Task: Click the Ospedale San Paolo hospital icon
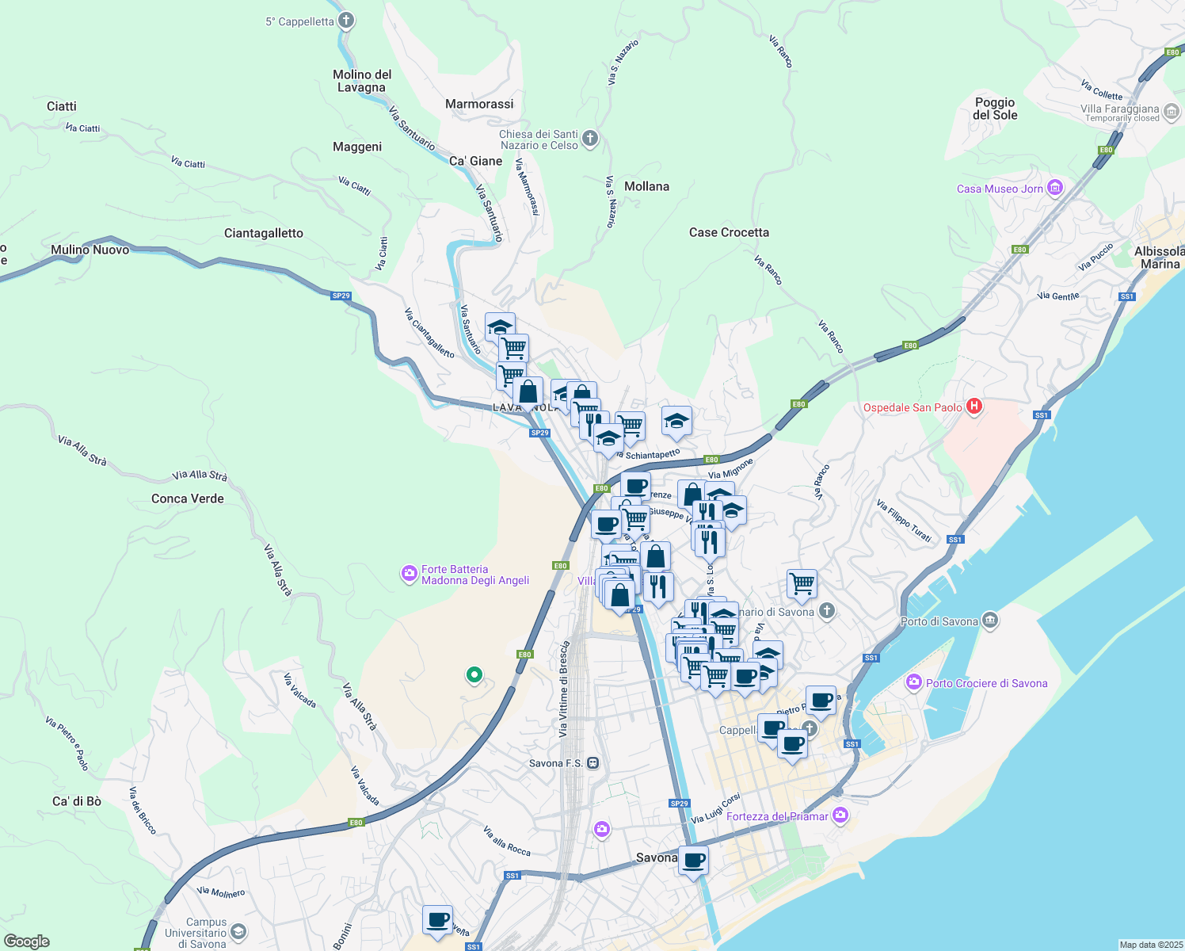pos(974,407)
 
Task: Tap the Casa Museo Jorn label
pos(1000,189)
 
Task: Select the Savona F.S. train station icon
pos(592,763)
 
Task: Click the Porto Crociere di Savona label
pos(986,683)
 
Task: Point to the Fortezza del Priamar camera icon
pos(840,815)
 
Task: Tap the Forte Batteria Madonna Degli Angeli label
pos(474,575)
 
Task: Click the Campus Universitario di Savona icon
pos(238,932)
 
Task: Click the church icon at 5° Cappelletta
pos(345,21)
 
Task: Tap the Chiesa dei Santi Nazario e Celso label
pos(539,139)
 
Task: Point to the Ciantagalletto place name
pos(264,233)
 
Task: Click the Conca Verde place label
pos(188,498)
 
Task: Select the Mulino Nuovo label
pos(90,250)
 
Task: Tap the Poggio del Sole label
pos(995,109)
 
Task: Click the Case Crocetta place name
pos(729,232)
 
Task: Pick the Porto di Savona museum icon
pos(990,621)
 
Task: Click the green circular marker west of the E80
pos(474,675)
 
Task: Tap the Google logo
pos(27,941)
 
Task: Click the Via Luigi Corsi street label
pos(715,808)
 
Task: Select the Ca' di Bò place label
pos(77,801)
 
